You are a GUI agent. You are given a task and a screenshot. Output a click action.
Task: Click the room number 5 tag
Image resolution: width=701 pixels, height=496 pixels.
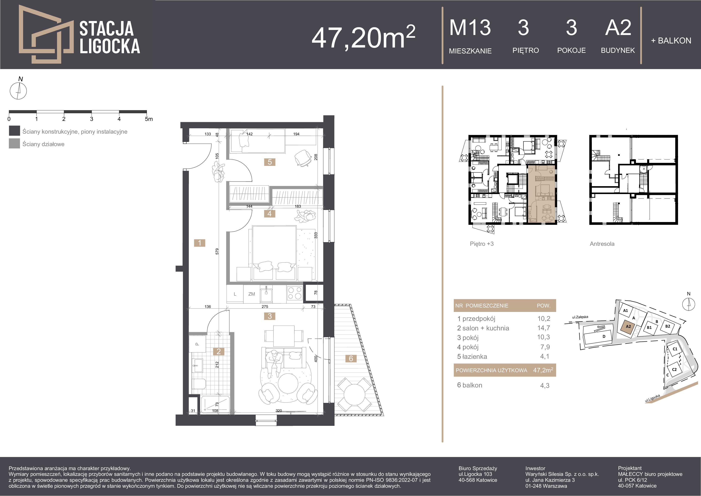(x=270, y=162)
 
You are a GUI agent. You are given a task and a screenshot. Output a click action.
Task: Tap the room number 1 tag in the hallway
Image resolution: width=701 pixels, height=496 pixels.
(x=200, y=243)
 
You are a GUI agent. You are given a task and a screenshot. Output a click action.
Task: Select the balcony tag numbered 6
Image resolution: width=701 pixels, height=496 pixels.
(x=351, y=359)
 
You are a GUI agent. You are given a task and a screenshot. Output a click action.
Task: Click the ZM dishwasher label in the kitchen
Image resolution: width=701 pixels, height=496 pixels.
(x=252, y=294)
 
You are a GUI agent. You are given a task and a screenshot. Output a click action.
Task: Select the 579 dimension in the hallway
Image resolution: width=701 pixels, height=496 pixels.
(x=217, y=251)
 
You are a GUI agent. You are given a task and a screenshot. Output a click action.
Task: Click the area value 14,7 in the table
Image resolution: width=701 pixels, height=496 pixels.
(x=544, y=328)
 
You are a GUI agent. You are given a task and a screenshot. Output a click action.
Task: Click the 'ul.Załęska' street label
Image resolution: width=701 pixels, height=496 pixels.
(x=580, y=317)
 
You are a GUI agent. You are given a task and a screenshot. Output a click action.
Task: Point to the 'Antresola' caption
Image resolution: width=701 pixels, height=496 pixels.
(x=602, y=244)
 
